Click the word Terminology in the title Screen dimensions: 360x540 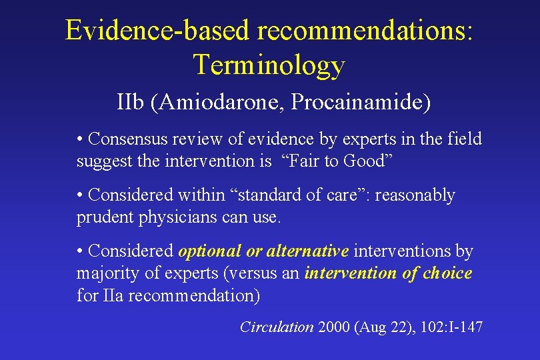pyautogui.click(x=269, y=65)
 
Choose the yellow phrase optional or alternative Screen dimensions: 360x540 pyautogui.click(x=263, y=251)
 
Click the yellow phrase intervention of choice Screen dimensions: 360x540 pyautogui.click(x=388, y=273)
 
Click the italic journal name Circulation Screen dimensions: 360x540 pyautogui.click(x=277, y=327)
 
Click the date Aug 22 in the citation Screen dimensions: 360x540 pyautogui.click(x=381, y=327)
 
